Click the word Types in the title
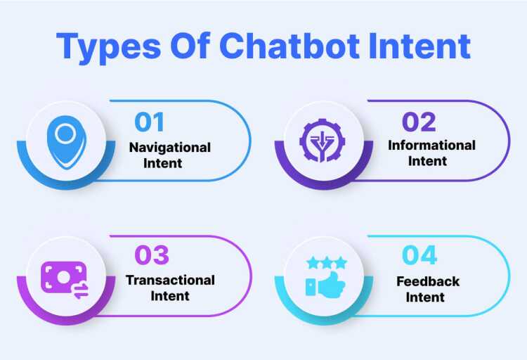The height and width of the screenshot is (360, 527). pos(108,47)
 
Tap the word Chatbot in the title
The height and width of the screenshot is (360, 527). pos(289,46)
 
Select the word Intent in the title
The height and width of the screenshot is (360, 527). pos(419,46)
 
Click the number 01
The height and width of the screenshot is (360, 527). pos(149,122)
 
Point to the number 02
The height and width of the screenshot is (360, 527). pos(419,122)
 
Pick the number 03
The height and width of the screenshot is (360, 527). pos(152,255)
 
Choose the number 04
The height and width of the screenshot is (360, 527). pos(419,255)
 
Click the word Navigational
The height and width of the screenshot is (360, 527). pos(170,148)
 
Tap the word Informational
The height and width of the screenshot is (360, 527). pos(431,146)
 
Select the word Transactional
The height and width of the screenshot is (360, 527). pos(170,281)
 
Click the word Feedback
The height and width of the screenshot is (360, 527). pos(428,281)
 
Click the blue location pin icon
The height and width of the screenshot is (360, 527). pos(67,142)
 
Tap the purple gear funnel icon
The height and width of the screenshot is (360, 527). pos(323,141)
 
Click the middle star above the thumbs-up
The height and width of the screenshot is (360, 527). pos(327,263)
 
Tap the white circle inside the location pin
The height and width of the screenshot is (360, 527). pos(65,134)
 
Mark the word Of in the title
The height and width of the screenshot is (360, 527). pos(190,46)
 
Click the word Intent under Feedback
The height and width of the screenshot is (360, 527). pos(425,297)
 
